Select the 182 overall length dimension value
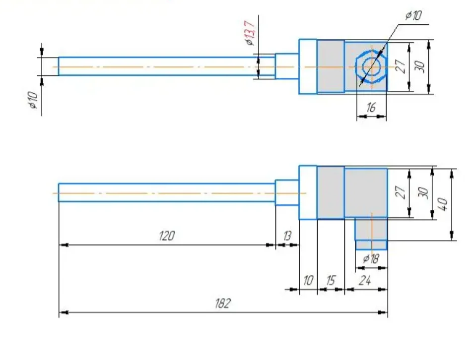point(223,303)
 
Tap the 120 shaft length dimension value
point(167,236)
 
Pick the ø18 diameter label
point(371,258)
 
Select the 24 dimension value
point(365,281)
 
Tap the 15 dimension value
point(330,281)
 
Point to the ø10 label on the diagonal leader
point(413,15)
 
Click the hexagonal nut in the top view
point(371,67)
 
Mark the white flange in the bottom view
point(308,192)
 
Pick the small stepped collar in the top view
point(287,66)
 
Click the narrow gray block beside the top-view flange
point(331,66)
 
